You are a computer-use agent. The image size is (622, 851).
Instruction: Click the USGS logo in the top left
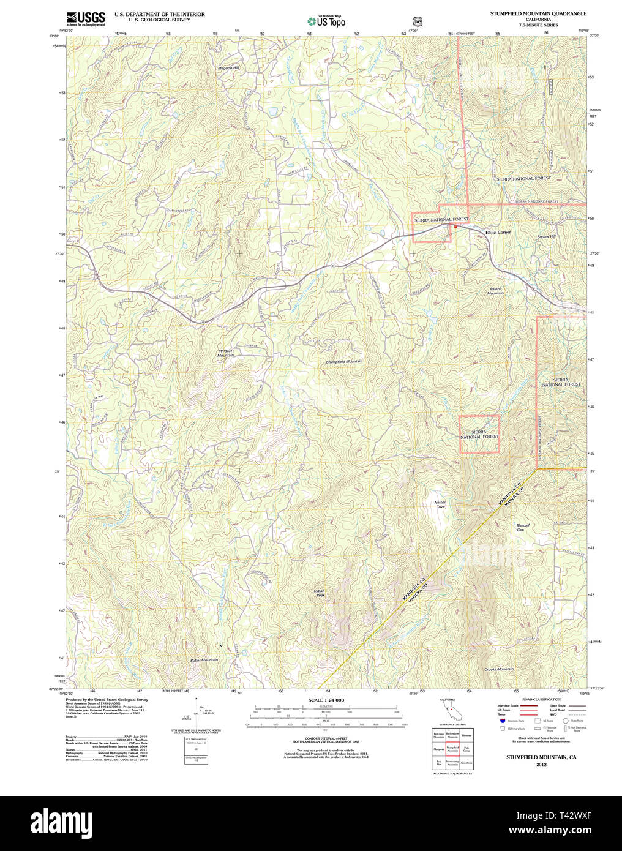85,18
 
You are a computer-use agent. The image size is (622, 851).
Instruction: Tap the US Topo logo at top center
326,21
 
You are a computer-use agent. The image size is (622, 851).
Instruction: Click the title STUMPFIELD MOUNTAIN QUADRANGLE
538,13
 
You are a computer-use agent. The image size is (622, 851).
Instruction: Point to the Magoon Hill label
228,68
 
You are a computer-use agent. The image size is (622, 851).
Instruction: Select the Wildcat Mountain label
226,353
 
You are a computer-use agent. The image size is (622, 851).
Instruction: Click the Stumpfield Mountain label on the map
344,362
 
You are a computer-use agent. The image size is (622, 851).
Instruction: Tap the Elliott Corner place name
498,233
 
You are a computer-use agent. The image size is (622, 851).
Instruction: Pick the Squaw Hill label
546,236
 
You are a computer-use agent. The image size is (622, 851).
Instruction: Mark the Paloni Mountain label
495,291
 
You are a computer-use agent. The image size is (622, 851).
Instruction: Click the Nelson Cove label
440,504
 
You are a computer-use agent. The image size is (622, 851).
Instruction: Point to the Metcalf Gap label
523,527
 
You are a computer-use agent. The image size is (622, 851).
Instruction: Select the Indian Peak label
319,593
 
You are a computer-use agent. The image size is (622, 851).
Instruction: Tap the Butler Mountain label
204,660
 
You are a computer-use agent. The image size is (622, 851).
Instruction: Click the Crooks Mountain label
499,669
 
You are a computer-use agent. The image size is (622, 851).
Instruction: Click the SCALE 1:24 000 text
326,700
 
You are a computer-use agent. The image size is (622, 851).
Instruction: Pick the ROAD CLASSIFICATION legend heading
541,699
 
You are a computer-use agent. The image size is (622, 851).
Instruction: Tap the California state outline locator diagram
450,711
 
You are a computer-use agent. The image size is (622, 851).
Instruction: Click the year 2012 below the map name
541,765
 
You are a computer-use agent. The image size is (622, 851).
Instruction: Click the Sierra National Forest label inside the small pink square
479,435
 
